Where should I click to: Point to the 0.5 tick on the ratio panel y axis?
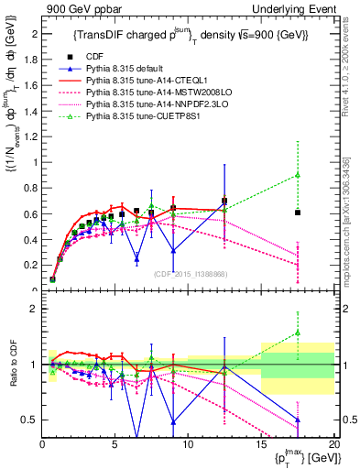32,420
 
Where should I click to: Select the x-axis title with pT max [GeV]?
302,457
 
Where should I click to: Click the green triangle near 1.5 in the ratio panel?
297,333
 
